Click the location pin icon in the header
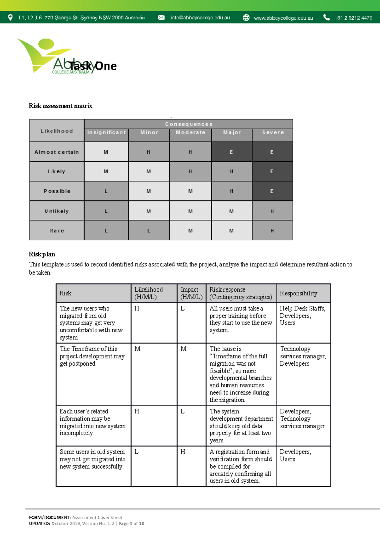coord(10,17)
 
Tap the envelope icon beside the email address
coord(161,18)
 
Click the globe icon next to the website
coord(246,18)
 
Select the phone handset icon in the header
coord(326,17)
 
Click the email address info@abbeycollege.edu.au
coord(200,18)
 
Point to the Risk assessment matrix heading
coord(60,106)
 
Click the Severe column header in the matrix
coord(273,133)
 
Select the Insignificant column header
coord(106,133)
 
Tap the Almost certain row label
coord(57,152)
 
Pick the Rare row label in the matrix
coord(57,231)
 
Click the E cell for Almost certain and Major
coord(231,152)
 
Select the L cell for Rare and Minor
coord(149,231)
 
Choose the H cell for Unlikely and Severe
coord(272,211)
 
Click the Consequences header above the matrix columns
coord(189,124)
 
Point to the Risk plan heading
coord(42,254)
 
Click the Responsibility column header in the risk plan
coord(298,293)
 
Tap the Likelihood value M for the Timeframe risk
coord(137,349)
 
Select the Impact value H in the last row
coord(183,452)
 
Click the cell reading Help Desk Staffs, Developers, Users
coord(302,315)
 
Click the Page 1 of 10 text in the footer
coord(131,523)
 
